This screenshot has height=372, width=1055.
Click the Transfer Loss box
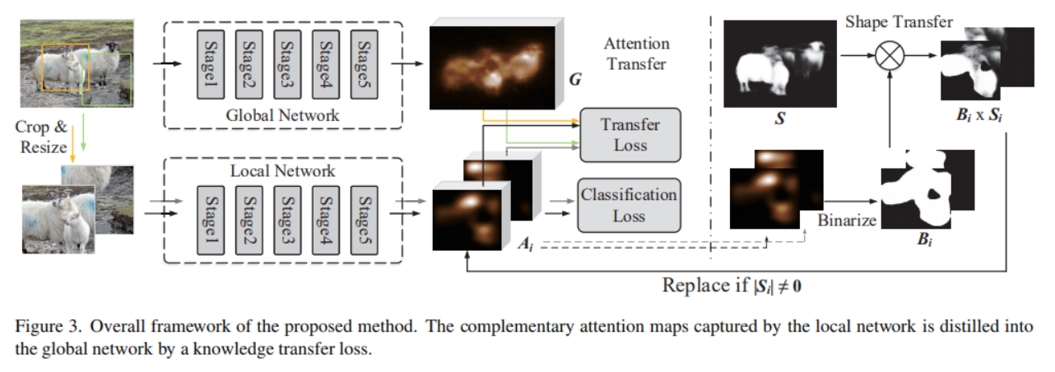coord(630,135)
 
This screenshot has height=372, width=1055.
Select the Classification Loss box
coord(630,205)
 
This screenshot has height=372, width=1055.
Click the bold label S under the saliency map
coord(778,120)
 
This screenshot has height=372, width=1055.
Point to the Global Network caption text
coord(282,115)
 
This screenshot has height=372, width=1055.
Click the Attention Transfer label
coord(636,53)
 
